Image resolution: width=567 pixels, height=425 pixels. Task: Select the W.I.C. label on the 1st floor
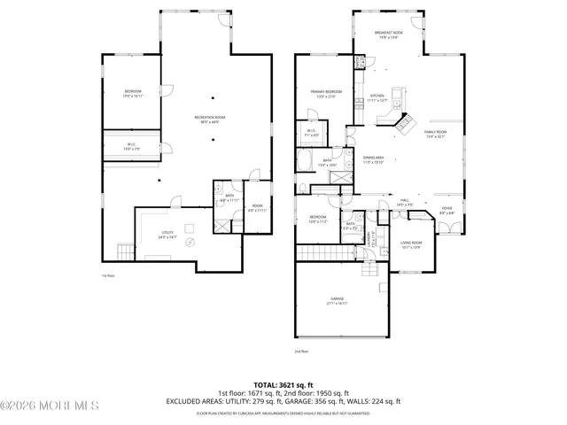pyautogui.click(x=130, y=148)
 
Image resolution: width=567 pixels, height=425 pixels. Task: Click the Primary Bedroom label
pyautogui.click(x=326, y=93)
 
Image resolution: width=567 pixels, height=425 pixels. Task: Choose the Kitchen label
pyautogui.click(x=377, y=98)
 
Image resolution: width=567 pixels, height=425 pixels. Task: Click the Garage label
pyautogui.click(x=338, y=301)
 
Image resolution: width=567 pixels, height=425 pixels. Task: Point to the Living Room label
pyautogui.click(x=411, y=244)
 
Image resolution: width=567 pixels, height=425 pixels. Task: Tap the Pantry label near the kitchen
pyautogui.click(x=361, y=63)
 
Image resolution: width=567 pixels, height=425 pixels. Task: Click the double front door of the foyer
pyautogui.click(x=448, y=228)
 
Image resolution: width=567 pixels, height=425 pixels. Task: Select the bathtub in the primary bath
pyautogui.click(x=303, y=162)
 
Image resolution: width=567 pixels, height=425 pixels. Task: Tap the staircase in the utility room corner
pyautogui.click(x=126, y=251)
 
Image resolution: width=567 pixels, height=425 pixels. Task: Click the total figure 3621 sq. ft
pyautogui.click(x=283, y=384)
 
